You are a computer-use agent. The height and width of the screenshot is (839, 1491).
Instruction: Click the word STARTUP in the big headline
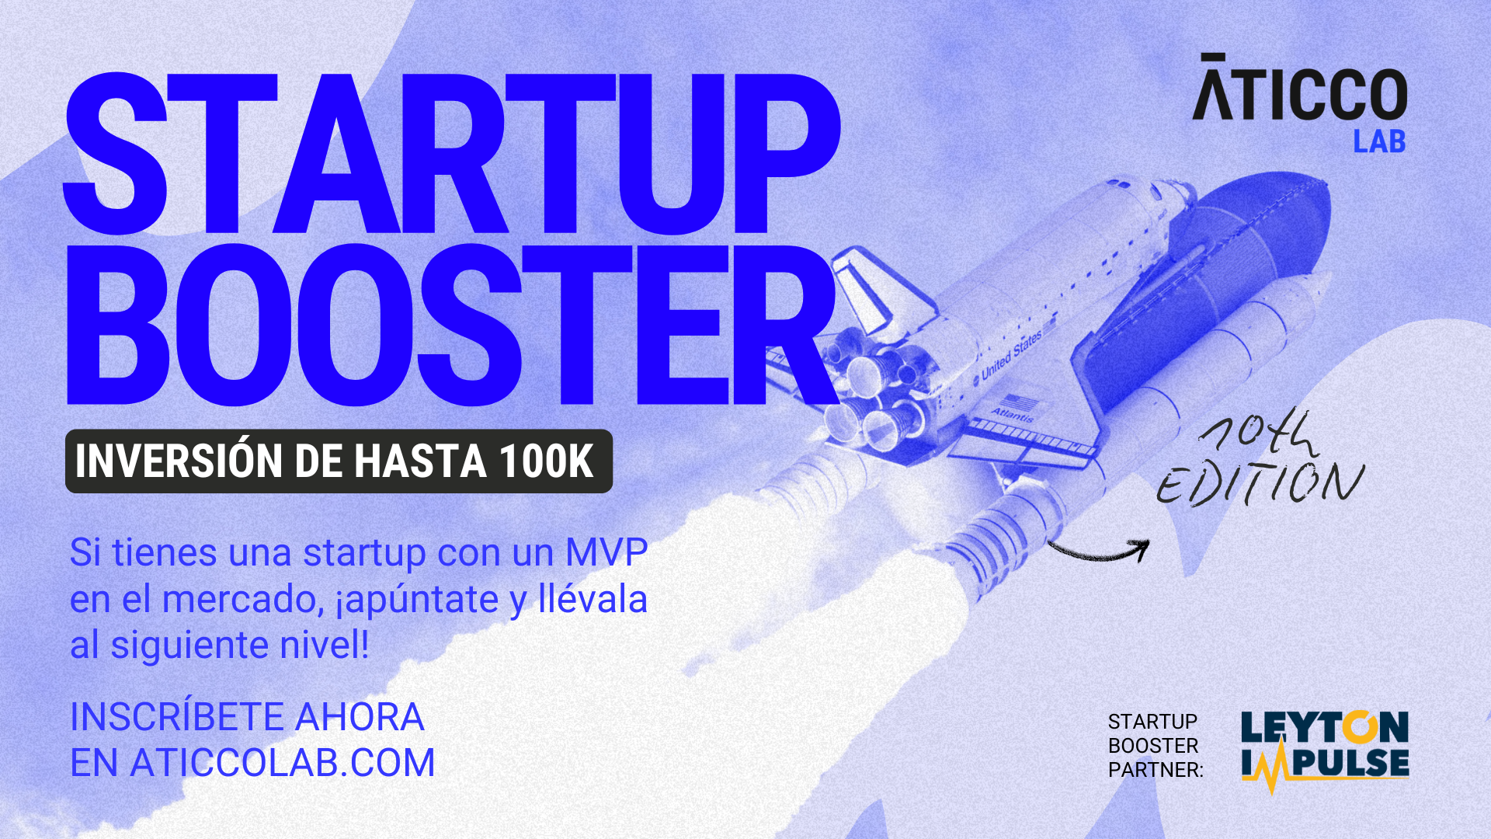(452, 154)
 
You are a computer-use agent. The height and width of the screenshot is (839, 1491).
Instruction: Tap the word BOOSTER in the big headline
(452, 325)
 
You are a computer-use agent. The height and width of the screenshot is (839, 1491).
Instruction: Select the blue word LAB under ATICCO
(1380, 141)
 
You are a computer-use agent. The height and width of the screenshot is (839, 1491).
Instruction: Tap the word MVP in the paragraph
(606, 552)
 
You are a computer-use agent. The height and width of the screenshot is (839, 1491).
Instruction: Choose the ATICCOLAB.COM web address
(283, 763)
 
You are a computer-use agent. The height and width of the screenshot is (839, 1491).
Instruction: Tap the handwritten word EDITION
(1260, 483)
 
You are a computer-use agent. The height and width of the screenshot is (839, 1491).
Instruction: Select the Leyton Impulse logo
(1325, 750)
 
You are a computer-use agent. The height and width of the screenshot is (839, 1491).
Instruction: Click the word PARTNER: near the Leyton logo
(1156, 770)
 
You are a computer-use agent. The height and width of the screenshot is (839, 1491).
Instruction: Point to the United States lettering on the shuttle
(1011, 356)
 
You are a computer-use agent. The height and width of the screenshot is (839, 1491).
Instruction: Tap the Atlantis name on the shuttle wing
(1013, 414)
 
